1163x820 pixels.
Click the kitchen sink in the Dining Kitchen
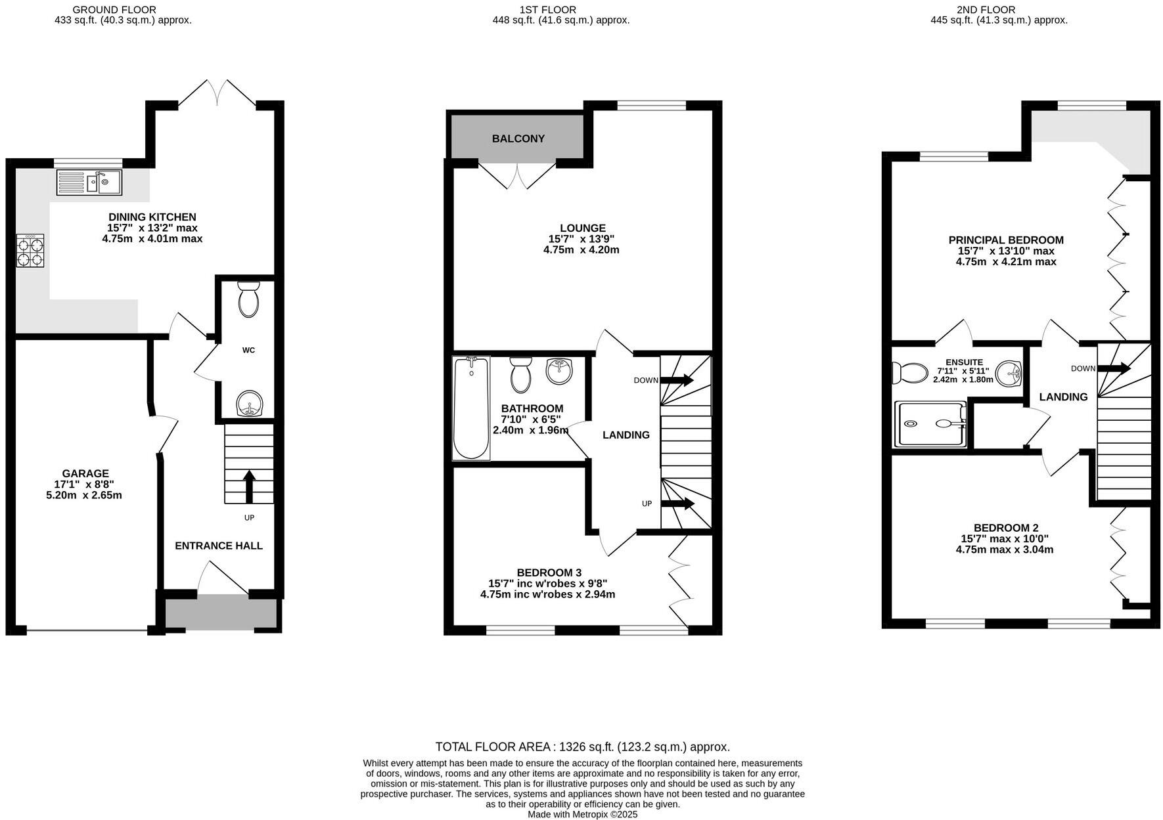coord(89,182)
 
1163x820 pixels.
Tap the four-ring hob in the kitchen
coord(30,251)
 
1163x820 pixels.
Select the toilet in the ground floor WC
coord(248,300)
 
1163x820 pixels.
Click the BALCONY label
coord(518,139)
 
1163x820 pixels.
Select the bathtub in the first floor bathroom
coord(471,408)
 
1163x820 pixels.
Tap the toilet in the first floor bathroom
coord(521,375)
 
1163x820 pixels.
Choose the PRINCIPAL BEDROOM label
coord(1005,240)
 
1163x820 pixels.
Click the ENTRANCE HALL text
coord(219,546)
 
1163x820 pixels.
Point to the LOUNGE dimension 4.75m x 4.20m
coord(581,250)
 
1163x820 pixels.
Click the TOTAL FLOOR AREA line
coord(582,747)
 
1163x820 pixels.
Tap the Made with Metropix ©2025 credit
coord(582,814)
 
